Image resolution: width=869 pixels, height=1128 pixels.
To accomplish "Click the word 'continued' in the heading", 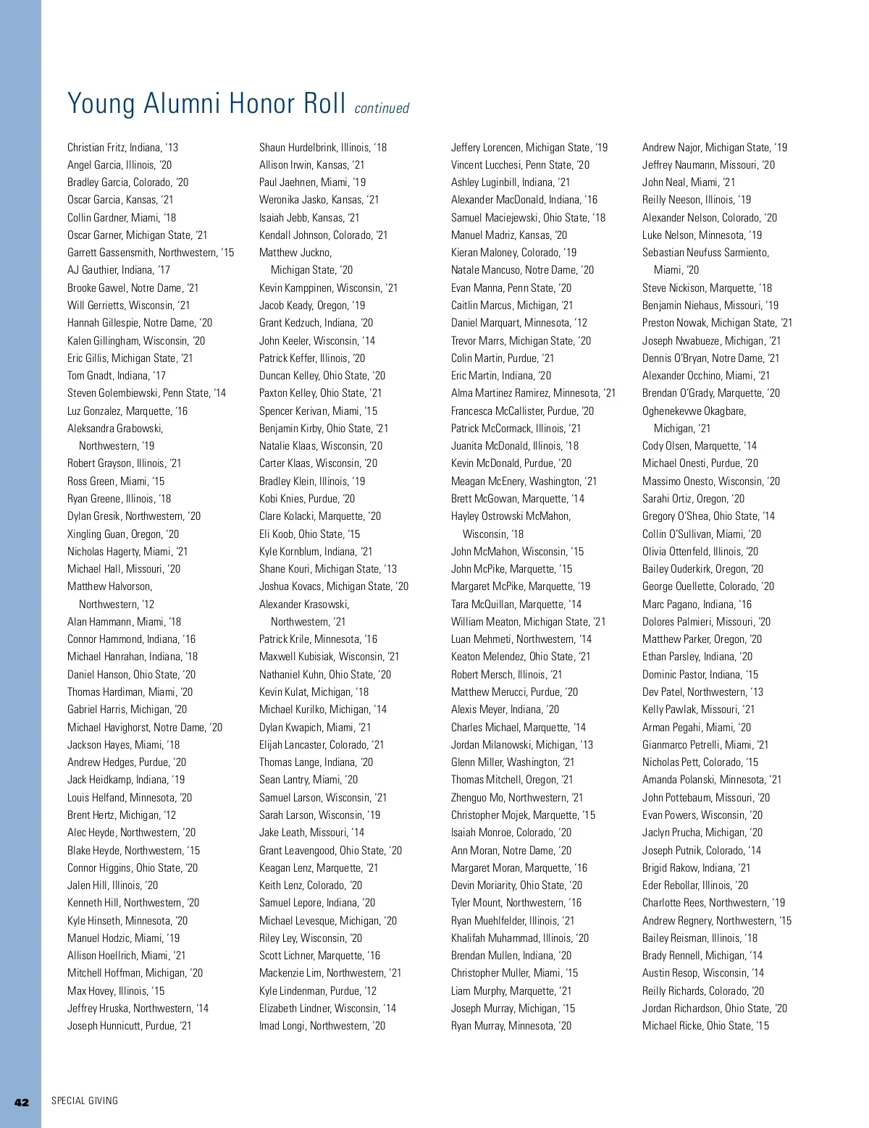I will pyautogui.click(x=382, y=109).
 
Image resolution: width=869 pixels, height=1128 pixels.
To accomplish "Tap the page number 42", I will pyautogui.click(x=22, y=1102).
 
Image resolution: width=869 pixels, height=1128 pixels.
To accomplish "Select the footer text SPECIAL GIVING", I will pyautogui.click(x=85, y=1101).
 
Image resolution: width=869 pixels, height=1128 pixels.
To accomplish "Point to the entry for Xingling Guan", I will pyautogui.click(x=123, y=534).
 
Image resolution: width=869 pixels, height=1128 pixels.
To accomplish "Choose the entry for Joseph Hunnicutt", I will pyautogui.click(x=130, y=1026).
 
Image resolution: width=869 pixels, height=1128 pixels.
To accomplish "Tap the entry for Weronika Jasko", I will pyautogui.click(x=319, y=200).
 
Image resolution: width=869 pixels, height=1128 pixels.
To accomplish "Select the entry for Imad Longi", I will pyautogui.click(x=322, y=1026).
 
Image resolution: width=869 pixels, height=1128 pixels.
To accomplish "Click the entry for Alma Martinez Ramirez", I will pyautogui.click(x=533, y=393).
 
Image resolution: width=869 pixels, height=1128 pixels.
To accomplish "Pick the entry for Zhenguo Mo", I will pyautogui.click(x=517, y=798).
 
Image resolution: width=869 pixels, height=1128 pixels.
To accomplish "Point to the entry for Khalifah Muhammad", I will pyautogui.click(x=520, y=938).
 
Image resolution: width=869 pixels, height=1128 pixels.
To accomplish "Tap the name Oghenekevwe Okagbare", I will pyautogui.click(x=694, y=411).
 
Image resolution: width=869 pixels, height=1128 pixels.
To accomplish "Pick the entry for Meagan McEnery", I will pyautogui.click(x=524, y=481).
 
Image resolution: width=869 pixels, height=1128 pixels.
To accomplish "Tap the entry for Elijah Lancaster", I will pyautogui.click(x=322, y=745).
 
